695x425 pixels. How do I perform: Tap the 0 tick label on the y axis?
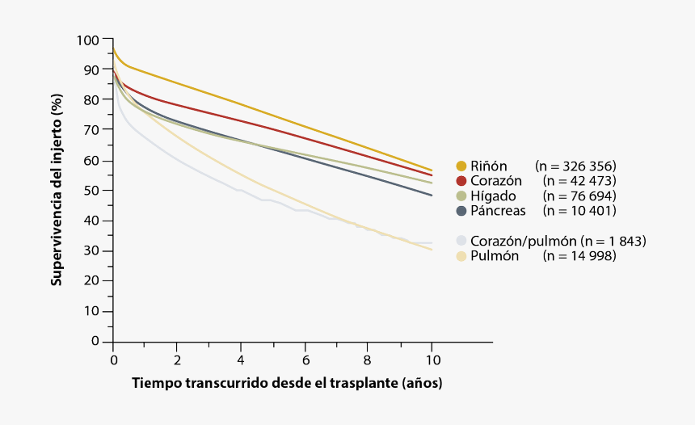[95, 342]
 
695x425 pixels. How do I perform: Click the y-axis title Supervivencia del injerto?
[57, 191]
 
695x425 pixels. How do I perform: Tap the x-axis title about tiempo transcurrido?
[287, 382]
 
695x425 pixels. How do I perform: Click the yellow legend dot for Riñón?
[461, 166]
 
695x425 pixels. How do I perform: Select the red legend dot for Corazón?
[461, 181]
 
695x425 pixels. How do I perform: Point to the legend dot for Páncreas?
[461, 211]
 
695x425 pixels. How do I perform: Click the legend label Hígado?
[495, 196]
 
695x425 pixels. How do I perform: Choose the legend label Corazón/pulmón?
[523, 241]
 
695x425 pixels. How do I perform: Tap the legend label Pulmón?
[495, 256]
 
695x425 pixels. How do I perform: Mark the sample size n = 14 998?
[579, 256]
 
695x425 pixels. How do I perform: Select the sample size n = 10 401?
[579, 211]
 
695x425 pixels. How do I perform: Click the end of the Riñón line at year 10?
[432, 170]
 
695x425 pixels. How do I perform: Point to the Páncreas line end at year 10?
[432, 196]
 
